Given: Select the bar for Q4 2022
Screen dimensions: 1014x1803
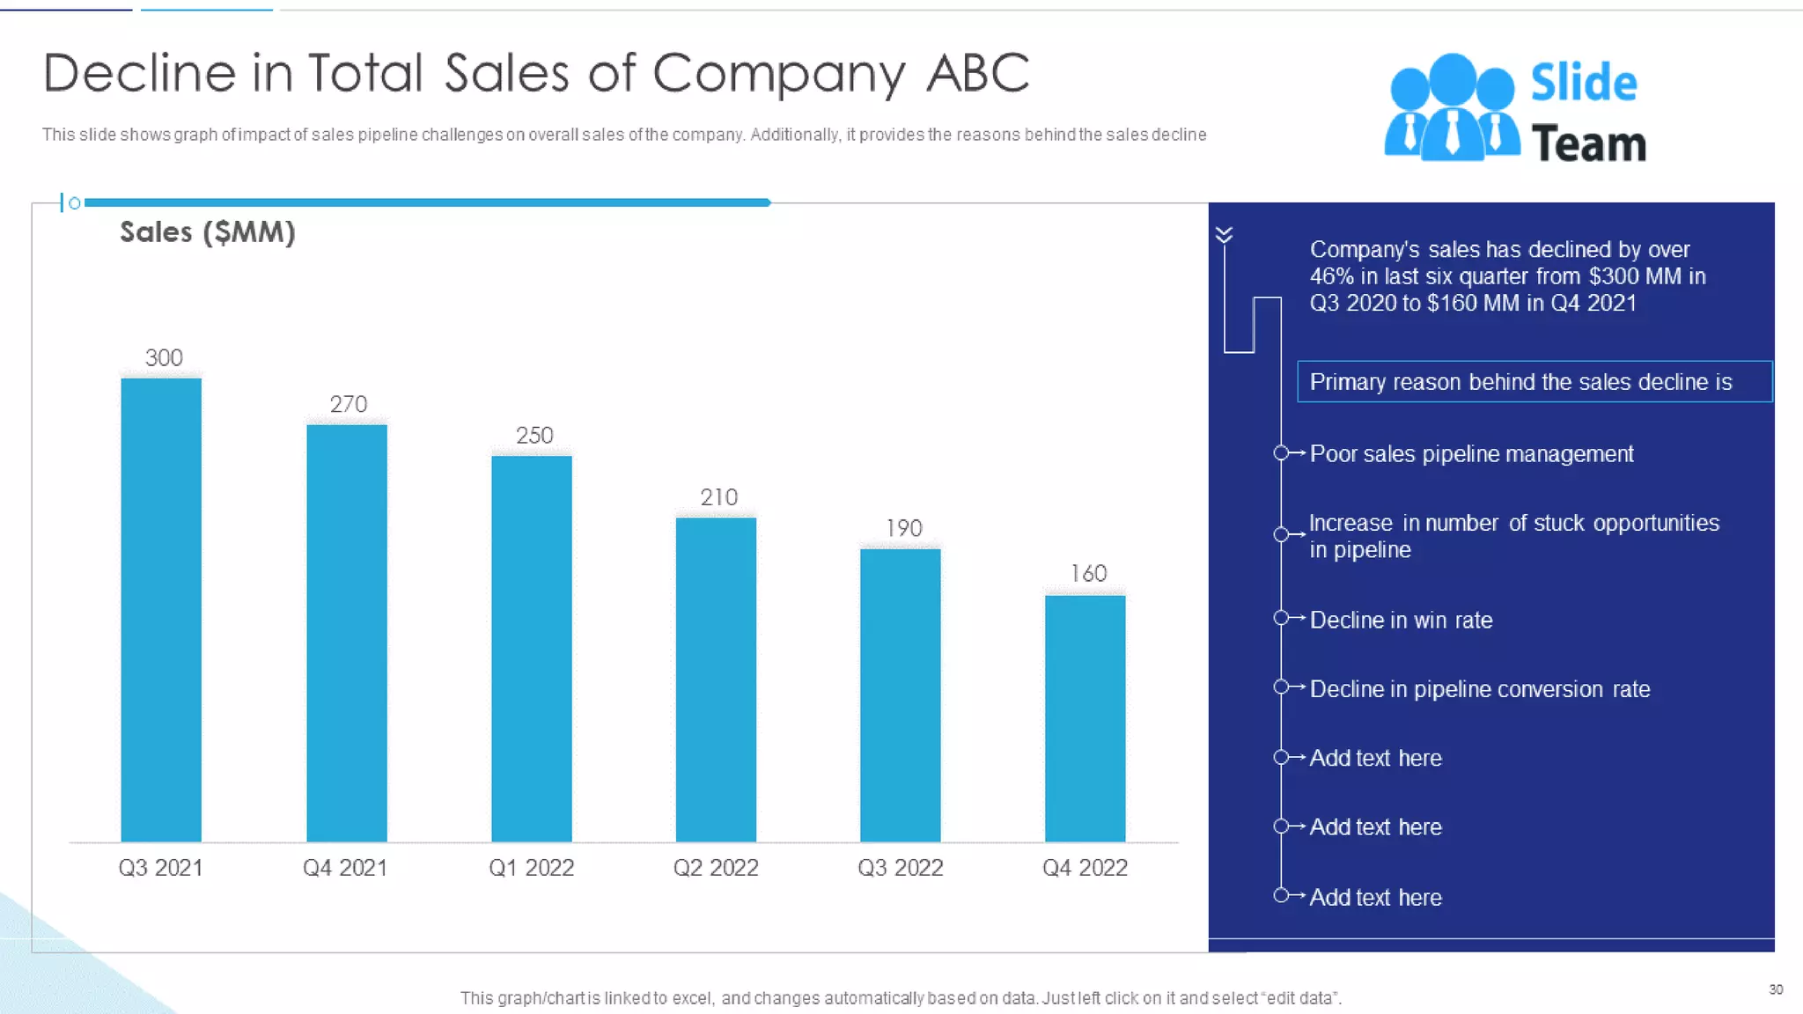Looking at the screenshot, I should [1085, 717].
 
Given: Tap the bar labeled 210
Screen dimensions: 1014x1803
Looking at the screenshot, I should [716, 679].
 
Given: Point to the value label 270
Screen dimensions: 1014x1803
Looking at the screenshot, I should [348, 404].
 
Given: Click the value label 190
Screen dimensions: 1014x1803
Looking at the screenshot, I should [903, 528].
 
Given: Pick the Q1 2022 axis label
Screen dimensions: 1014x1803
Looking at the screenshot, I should [531, 868].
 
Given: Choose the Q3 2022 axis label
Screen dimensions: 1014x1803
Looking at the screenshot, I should [900, 868].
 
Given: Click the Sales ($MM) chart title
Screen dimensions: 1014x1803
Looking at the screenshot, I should [207, 232].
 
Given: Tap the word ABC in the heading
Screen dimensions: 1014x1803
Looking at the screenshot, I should [977, 73].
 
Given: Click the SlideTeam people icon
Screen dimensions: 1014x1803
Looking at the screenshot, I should [1452, 107].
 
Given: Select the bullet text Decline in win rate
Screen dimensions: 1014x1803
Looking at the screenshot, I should [1401, 621].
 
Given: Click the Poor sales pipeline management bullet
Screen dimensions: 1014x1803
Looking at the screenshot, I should [1471, 454].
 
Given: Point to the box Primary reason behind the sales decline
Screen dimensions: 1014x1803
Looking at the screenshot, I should [1534, 382].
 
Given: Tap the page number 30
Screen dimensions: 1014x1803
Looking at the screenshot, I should [1776, 989].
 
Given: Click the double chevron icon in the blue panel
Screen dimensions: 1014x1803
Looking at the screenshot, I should [1224, 234].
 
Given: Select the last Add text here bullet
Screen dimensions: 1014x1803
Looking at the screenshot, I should [1375, 898].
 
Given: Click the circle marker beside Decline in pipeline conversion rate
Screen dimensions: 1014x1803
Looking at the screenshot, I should [1281, 687].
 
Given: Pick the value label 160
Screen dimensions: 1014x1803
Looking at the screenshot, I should [1088, 574].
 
